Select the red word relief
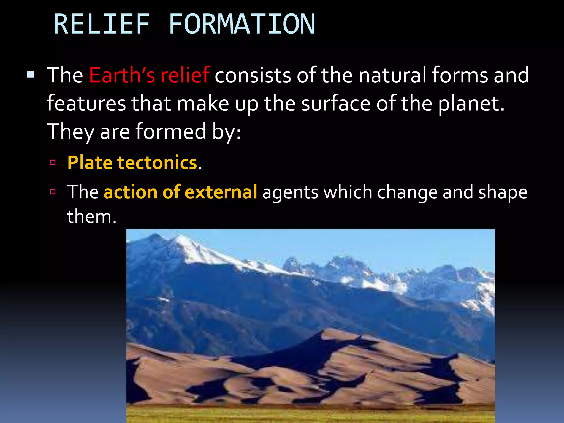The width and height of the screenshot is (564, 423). coord(185,75)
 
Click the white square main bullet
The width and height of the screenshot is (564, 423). coord(31,74)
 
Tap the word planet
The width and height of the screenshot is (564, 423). coord(471,104)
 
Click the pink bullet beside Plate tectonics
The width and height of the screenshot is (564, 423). coord(53,162)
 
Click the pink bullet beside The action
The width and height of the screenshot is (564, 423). coord(53,192)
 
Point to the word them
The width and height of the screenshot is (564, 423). coord(91,216)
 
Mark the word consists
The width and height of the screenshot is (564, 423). coord(253,75)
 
